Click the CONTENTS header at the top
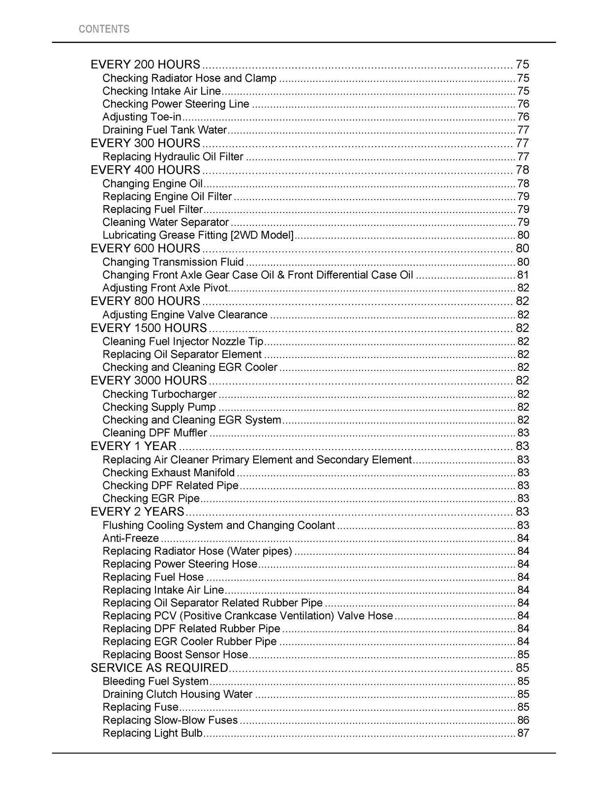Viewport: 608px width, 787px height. tap(104, 29)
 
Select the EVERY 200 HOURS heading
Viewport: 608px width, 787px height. tap(146, 64)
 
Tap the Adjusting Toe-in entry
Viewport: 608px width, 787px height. tap(142, 117)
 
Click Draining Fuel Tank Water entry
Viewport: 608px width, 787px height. tap(164, 130)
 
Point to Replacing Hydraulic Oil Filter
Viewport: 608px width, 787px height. tap(173, 156)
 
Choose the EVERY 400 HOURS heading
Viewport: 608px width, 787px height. tap(146, 170)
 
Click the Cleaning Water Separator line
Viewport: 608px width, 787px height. tap(165, 222)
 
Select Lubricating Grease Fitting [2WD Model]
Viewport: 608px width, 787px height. tap(198, 235)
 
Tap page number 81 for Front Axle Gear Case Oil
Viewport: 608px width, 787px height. tap(523, 274)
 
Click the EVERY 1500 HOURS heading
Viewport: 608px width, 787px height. tap(149, 328)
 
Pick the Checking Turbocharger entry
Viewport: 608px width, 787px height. tap(159, 394)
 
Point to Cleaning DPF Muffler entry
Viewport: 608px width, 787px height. tap(154, 433)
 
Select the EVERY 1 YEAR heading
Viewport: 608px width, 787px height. tap(133, 446)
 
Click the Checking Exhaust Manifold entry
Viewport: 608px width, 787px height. tap(168, 473)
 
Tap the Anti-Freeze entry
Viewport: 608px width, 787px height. tap(130, 538)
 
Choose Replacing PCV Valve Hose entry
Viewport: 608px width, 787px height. tap(247, 616)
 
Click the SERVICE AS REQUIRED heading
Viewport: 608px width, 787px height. tap(159, 667)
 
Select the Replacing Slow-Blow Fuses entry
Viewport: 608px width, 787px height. tap(170, 720)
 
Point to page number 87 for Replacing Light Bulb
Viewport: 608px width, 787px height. tap(523, 733)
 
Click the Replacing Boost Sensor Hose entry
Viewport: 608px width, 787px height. tap(175, 655)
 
